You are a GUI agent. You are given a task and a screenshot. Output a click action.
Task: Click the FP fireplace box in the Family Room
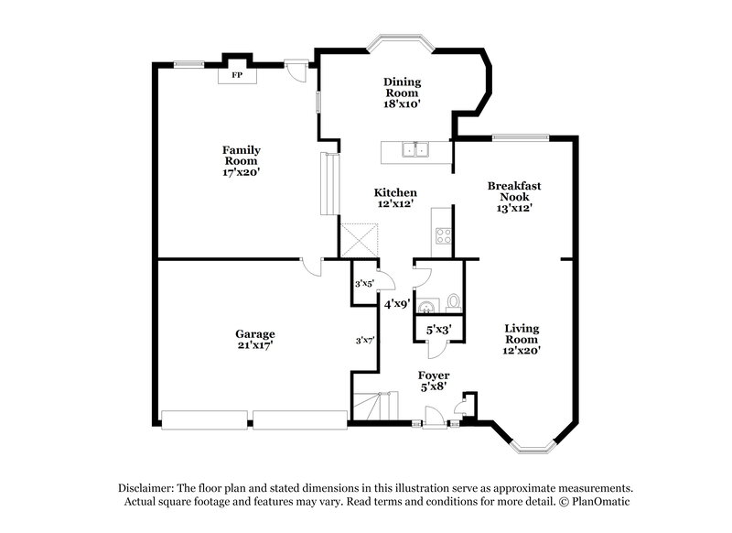(x=236, y=75)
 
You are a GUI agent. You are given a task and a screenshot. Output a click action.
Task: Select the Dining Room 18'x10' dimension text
(x=401, y=104)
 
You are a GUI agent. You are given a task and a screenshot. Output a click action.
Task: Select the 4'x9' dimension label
(x=396, y=303)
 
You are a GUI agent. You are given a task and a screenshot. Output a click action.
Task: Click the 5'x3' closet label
(x=438, y=328)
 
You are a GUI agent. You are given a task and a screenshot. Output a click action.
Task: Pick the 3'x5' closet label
(x=364, y=283)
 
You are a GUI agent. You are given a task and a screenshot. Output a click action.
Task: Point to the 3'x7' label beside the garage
(x=365, y=340)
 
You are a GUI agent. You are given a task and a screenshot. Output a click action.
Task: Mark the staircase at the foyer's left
(x=375, y=405)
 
